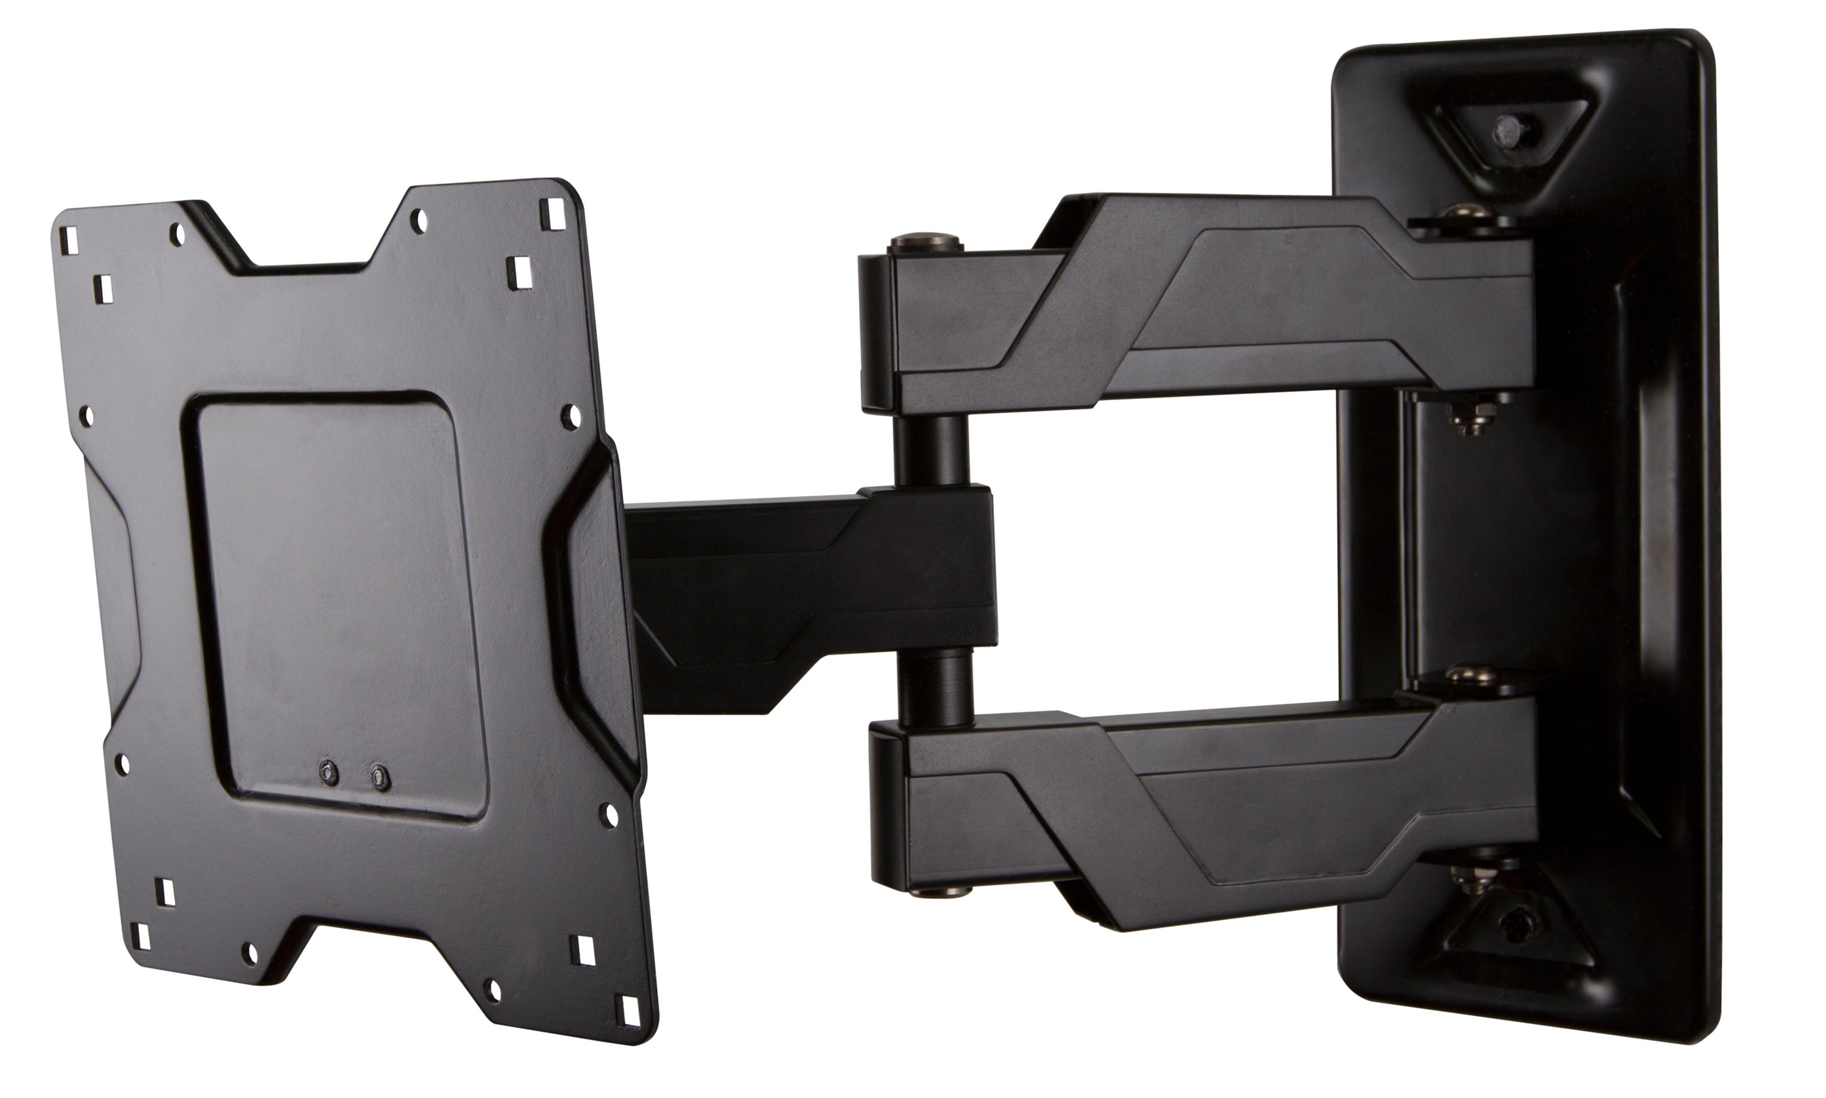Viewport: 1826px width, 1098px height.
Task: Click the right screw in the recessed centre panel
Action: (380, 777)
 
